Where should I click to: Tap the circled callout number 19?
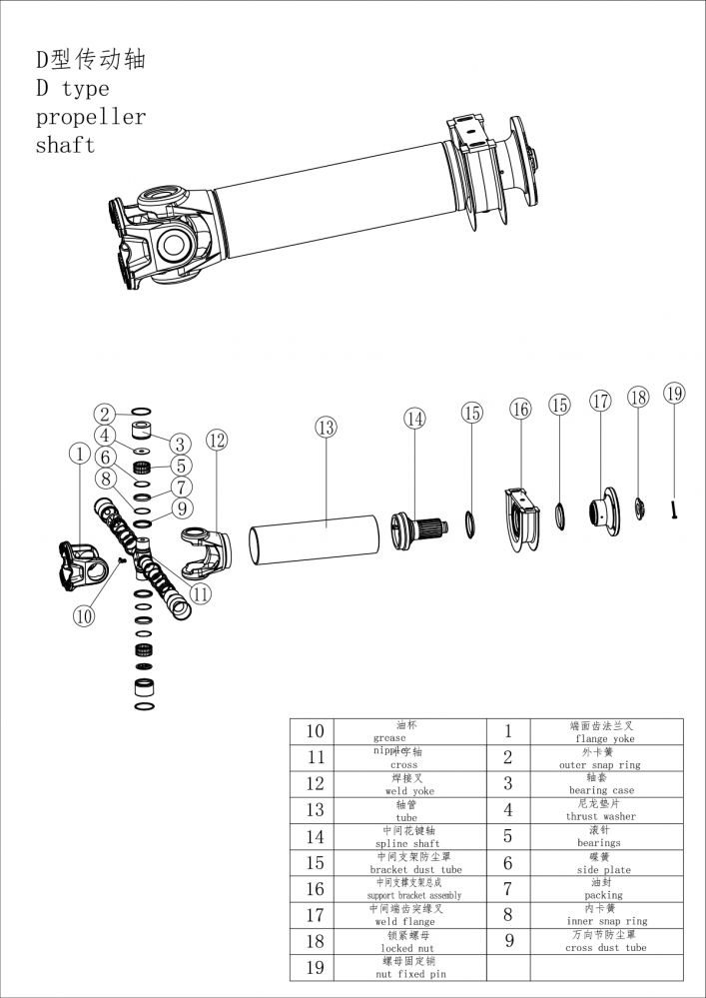coord(675,394)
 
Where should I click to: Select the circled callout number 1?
coord(79,455)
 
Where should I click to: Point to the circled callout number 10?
coord(83,616)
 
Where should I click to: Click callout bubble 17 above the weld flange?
coord(600,402)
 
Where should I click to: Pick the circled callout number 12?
coord(217,440)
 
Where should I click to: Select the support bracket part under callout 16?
coord(520,517)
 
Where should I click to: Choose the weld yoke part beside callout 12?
coord(205,545)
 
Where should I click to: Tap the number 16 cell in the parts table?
coord(314,888)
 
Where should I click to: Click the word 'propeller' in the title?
coord(91,117)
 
